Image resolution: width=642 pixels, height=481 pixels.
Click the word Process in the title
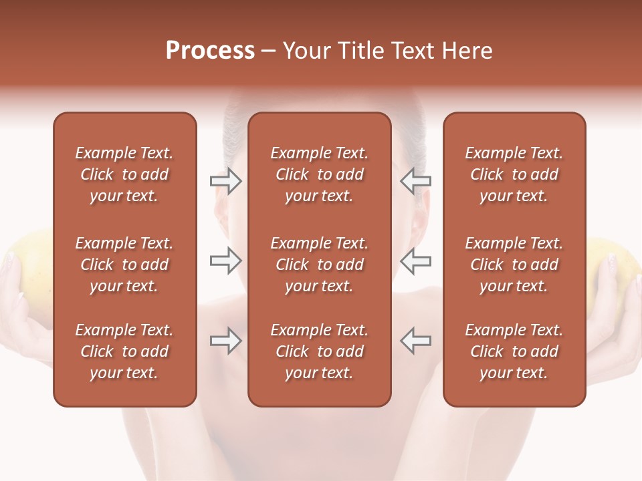coord(210,51)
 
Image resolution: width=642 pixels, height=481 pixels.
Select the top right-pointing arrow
coord(225,181)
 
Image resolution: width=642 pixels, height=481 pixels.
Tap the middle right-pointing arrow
coord(225,261)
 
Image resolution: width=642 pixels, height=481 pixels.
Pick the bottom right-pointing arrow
coord(225,341)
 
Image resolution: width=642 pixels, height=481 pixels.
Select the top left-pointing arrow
coord(415,181)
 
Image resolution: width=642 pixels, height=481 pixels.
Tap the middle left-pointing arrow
coord(415,261)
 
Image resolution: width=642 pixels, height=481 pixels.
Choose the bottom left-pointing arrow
coord(415,341)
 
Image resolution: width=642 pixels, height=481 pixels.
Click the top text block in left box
coord(124,174)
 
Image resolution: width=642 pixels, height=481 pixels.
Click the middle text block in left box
coord(124,265)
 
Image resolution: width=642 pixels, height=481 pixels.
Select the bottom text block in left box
coord(124,351)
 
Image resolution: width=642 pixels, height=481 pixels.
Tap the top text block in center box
coord(319,174)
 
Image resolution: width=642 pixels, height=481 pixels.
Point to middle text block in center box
coord(319,265)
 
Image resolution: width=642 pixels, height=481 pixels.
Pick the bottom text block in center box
coord(319,351)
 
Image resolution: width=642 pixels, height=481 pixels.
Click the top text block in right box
coord(514,174)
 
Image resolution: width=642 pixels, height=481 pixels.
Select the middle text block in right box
coord(514,265)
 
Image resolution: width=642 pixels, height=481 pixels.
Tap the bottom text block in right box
coord(514,351)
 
